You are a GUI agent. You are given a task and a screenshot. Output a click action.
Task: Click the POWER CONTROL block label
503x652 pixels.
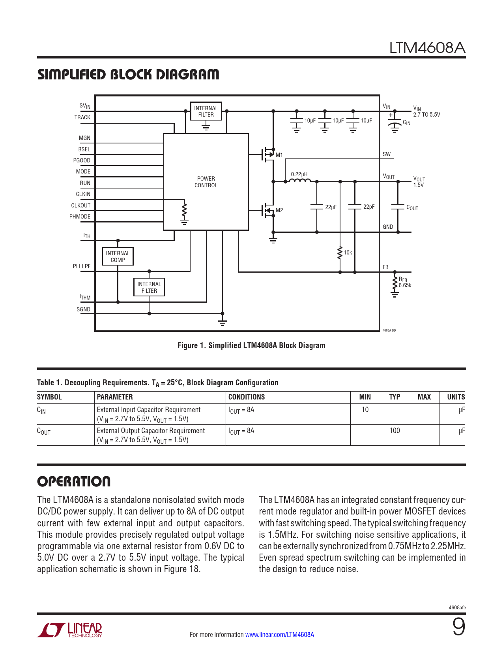point(206,182)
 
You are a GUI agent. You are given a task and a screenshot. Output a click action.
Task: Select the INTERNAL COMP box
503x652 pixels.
point(118,256)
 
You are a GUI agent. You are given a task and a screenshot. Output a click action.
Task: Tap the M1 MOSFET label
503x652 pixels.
point(279,155)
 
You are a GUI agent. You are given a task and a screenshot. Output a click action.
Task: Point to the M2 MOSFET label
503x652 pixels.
point(279,210)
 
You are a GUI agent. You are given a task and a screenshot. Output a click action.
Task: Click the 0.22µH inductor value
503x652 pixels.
point(299,174)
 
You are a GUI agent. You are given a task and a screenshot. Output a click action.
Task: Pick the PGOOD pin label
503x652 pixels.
point(82,160)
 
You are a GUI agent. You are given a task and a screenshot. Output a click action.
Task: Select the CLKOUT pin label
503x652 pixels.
point(81,205)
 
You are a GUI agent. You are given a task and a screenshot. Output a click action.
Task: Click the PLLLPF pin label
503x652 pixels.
point(82,266)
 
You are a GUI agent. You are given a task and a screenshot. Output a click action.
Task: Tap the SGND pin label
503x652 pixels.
point(83,309)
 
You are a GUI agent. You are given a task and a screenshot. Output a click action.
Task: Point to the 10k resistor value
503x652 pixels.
point(348,253)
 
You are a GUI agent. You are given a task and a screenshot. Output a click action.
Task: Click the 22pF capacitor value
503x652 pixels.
point(369,207)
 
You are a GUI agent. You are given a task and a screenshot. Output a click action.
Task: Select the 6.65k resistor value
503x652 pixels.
point(405,285)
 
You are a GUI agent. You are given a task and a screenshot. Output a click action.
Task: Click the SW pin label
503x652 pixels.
point(387,154)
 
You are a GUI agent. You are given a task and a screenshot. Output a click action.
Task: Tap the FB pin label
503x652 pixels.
point(385,267)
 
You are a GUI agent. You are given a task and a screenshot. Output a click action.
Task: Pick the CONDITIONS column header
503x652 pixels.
point(247,397)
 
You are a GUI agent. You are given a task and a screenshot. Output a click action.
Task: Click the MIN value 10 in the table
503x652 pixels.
point(365,410)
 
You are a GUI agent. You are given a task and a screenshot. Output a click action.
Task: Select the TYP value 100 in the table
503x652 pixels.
point(395,431)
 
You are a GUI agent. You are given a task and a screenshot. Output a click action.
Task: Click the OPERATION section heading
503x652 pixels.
point(74,481)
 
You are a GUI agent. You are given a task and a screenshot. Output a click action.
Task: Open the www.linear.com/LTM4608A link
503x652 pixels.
point(280,635)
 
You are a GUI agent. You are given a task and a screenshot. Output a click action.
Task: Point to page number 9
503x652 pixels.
point(458,627)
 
